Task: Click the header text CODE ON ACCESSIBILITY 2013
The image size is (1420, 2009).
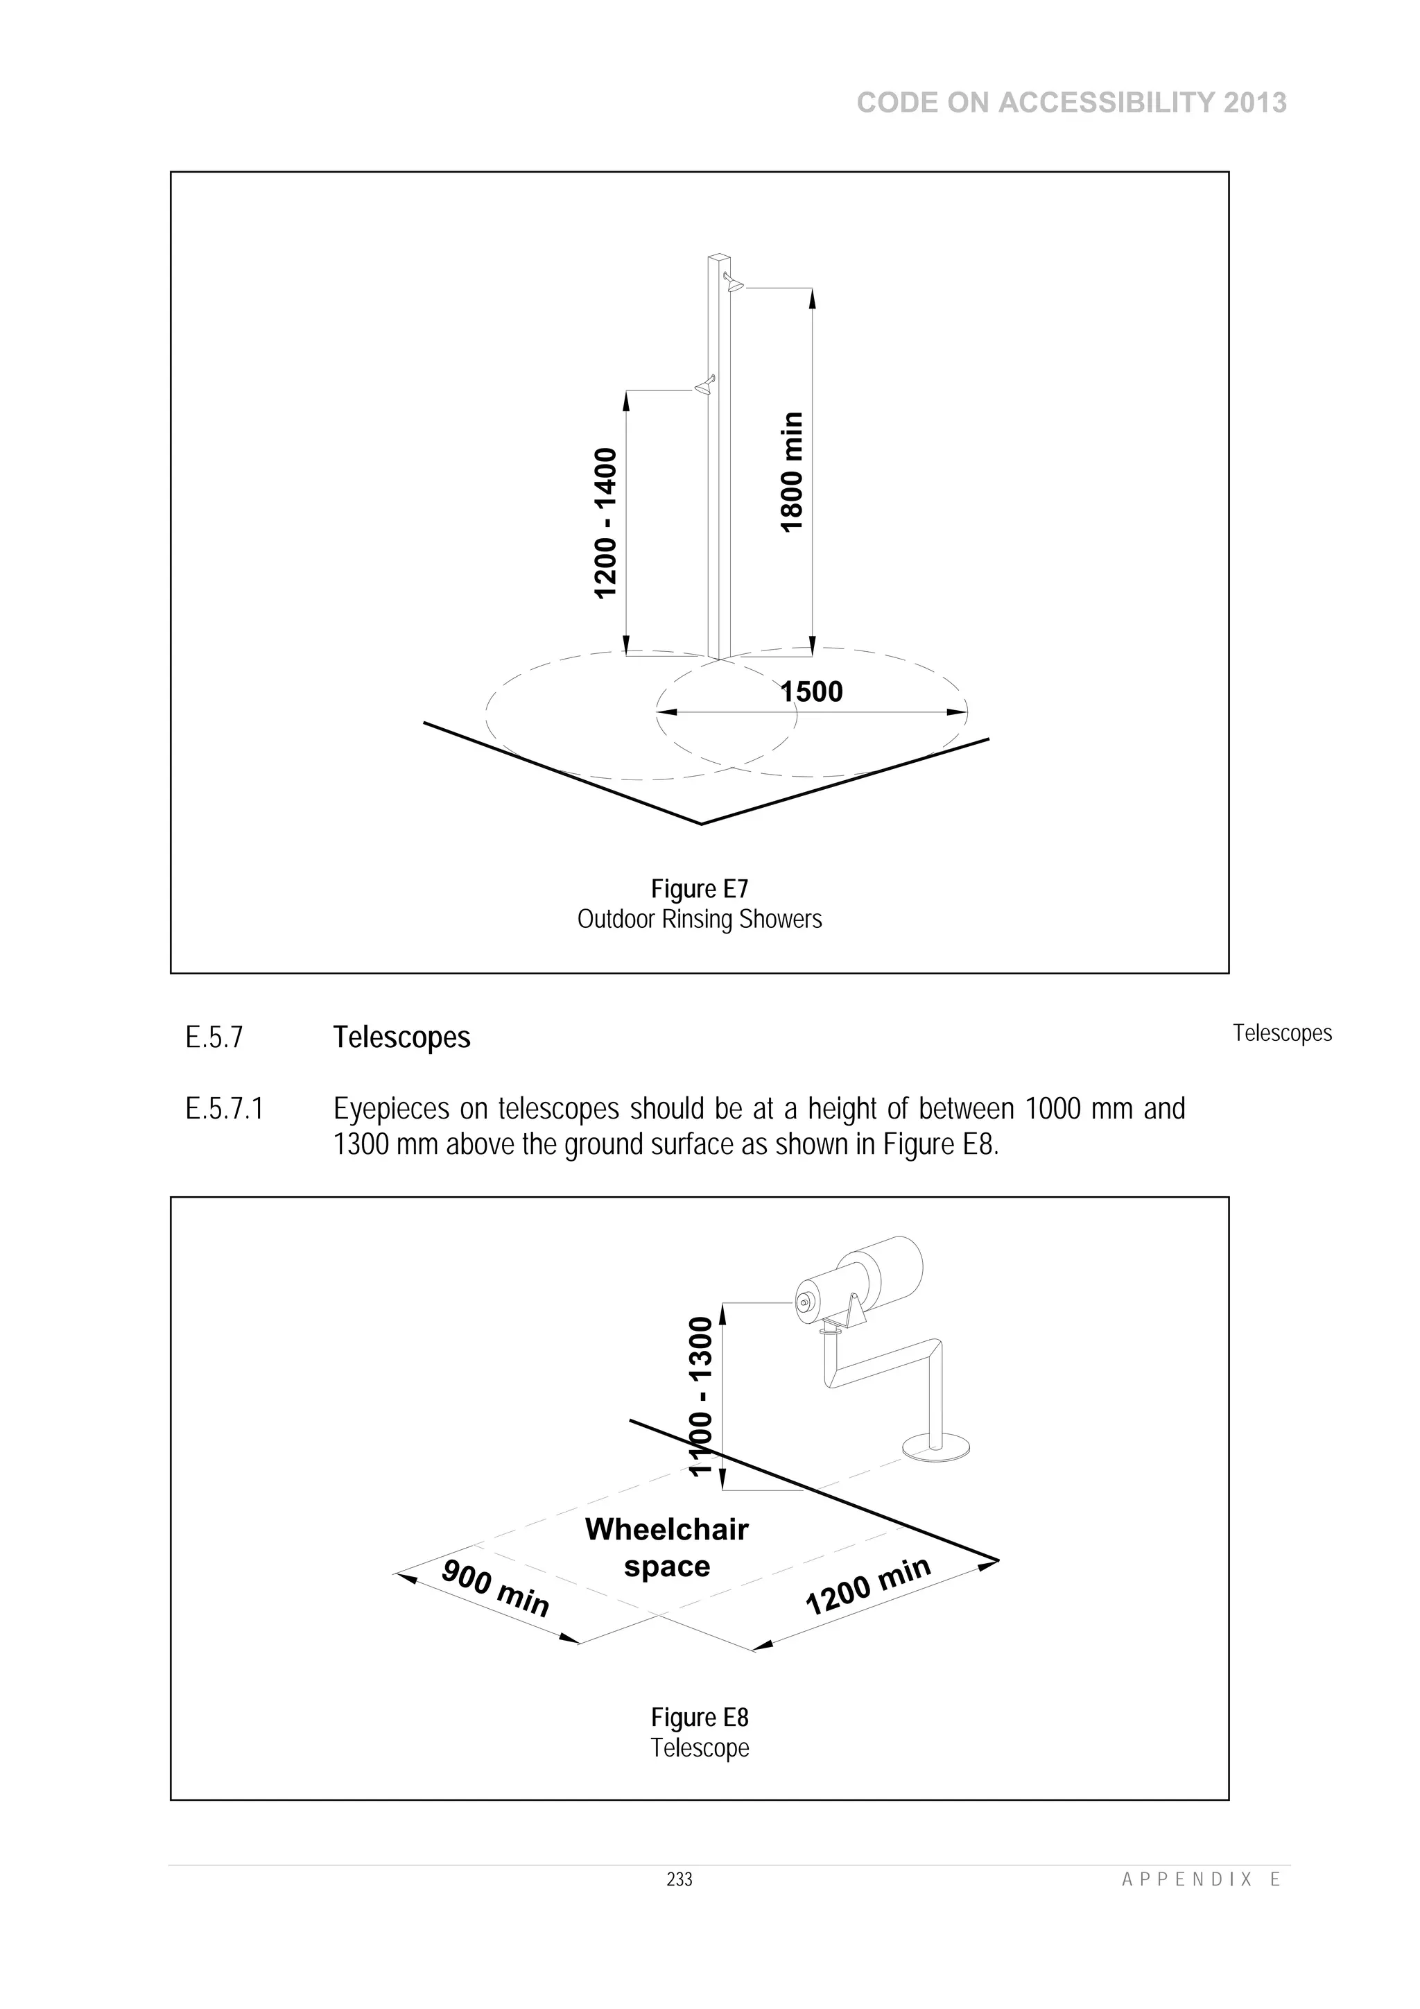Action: pyautogui.click(x=1071, y=103)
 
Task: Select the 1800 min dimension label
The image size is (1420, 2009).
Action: pyautogui.click(x=791, y=472)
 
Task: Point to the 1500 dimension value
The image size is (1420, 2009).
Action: pyautogui.click(x=811, y=691)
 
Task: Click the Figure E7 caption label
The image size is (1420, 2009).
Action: pyautogui.click(x=700, y=889)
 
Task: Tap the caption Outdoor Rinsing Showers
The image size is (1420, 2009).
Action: pyautogui.click(x=700, y=920)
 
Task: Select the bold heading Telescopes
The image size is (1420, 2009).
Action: pyautogui.click(x=401, y=1037)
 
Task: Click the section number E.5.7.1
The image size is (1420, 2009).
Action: pyautogui.click(x=224, y=1110)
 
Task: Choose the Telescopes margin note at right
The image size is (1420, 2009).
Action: pyautogui.click(x=1282, y=1033)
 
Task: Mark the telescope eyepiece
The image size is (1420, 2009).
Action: pyautogui.click(x=803, y=1304)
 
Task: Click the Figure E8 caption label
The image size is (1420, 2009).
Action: pyautogui.click(x=700, y=1718)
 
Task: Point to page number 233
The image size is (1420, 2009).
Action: pyautogui.click(x=679, y=1879)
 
